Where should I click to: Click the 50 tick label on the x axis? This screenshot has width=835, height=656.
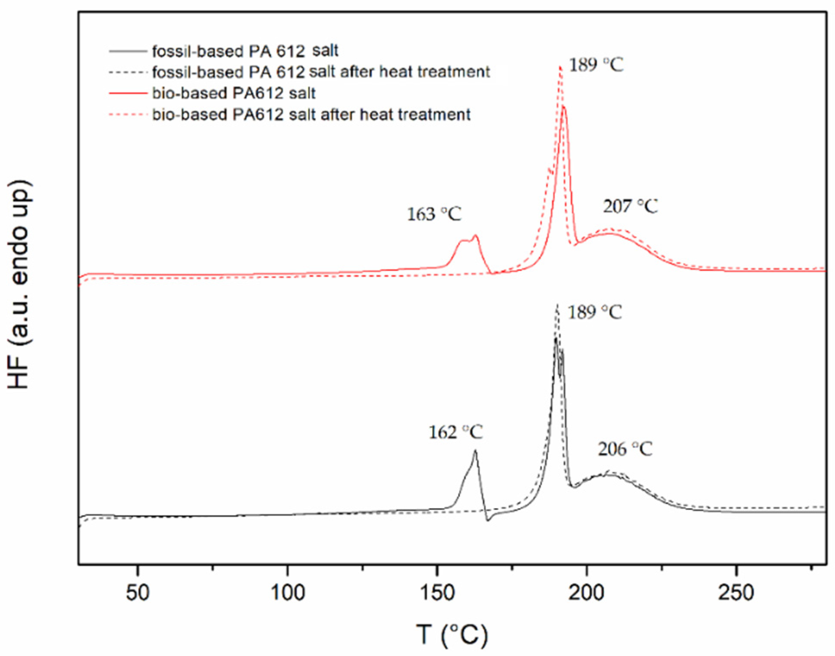point(138,592)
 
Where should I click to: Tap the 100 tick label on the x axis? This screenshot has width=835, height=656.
point(287,592)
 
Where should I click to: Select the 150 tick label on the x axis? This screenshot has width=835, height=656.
point(437,592)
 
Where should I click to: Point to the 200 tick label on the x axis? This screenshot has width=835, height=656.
point(586,592)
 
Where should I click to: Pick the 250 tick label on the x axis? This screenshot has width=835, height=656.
point(736,592)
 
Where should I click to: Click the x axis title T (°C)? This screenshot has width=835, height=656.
point(452,635)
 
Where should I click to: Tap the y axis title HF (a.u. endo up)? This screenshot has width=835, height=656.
point(19,284)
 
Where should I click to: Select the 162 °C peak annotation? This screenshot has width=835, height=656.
point(455,432)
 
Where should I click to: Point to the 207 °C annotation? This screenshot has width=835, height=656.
point(630,206)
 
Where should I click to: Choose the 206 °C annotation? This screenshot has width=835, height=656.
point(625,450)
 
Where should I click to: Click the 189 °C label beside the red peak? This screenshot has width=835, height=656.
point(596,65)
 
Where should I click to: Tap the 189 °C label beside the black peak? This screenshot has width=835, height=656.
point(594,312)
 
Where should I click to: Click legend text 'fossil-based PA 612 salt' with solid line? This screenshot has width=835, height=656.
point(245,51)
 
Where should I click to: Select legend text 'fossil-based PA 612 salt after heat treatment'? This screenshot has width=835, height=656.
point(321,72)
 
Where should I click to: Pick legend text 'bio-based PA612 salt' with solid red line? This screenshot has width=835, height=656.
point(234,93)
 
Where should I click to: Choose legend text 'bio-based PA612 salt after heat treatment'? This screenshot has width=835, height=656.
point(311,115)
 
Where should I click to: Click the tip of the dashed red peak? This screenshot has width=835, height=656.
point(560,66)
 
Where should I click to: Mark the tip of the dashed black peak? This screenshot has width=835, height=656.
point(557,305)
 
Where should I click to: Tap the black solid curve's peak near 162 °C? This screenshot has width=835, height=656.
point(475,451)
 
